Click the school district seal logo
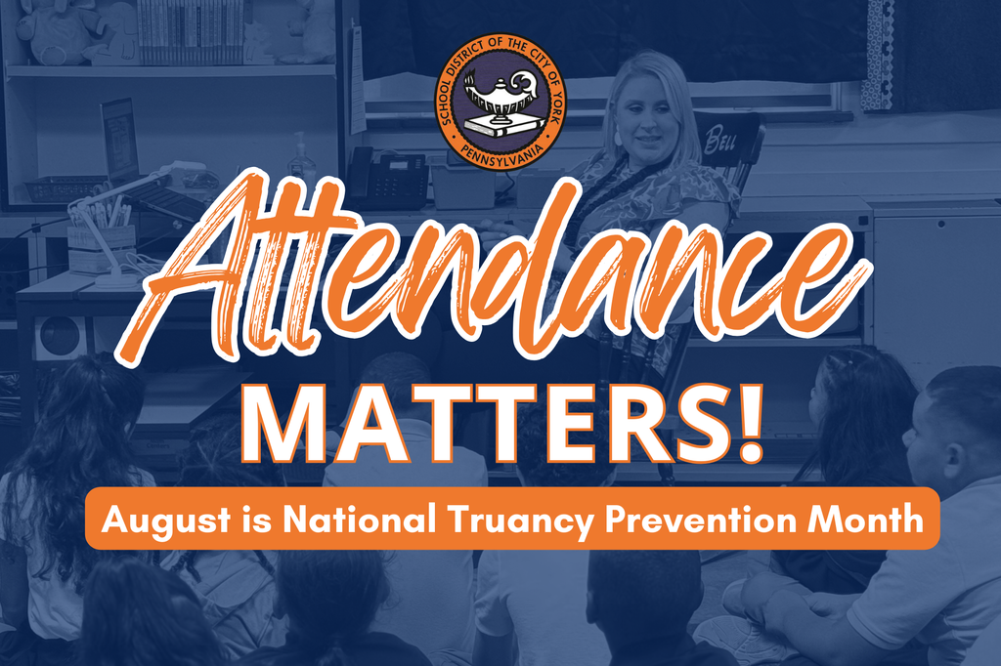(x=500, y=106)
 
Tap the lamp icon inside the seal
(x=500, y=98)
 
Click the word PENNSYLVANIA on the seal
(x=500, y=153)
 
